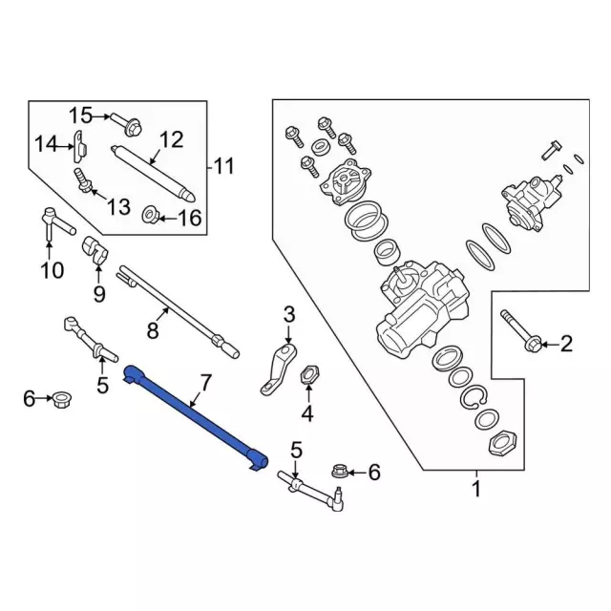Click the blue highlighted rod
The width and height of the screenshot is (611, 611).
click(196, 418)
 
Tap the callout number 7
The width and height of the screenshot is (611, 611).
click(203, 385)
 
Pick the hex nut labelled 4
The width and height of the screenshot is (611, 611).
click(308, 375)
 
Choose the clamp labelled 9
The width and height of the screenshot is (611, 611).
click(97, 250)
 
